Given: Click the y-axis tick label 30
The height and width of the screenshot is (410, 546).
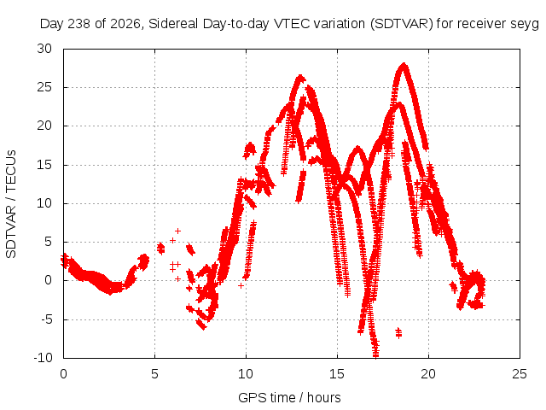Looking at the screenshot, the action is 44,49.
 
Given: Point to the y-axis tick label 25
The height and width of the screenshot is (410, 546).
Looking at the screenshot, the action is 44,87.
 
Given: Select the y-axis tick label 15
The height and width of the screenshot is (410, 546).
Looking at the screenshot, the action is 44,165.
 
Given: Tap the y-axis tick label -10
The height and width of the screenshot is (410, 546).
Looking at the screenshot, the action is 43,357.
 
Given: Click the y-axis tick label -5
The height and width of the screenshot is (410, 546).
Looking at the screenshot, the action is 45,319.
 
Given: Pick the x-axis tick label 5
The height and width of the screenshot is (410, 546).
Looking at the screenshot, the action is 154,374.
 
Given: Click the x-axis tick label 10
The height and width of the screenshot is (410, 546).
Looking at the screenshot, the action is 246,374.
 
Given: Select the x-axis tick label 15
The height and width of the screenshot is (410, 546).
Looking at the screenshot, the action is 337,374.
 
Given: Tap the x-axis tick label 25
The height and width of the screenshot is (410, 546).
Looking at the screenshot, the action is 520,374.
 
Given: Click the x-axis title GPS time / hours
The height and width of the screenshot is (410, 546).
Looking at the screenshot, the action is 289,397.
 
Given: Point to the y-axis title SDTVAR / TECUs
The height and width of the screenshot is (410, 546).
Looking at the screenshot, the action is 11,204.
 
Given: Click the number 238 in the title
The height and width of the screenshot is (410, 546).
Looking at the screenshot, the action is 79,24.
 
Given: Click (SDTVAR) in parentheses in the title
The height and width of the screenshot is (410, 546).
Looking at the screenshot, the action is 402,24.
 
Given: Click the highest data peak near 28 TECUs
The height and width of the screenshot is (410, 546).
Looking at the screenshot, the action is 404,65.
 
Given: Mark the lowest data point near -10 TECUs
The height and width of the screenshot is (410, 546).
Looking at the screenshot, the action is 375,355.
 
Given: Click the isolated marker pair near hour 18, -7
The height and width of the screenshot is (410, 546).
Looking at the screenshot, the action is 398,332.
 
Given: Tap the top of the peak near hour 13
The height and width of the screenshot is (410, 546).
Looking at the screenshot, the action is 300,77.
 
